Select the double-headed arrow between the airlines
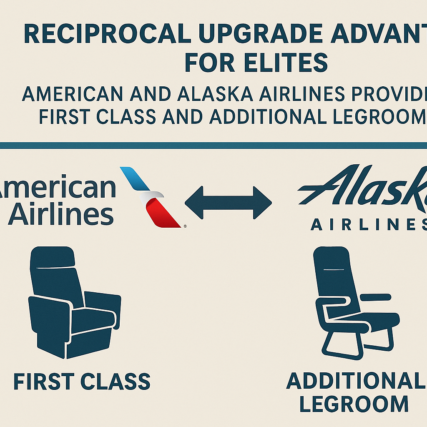click(x=228, y=203)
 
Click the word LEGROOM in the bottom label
click(x=354, y=404)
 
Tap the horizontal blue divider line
click(x=213, y=145)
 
